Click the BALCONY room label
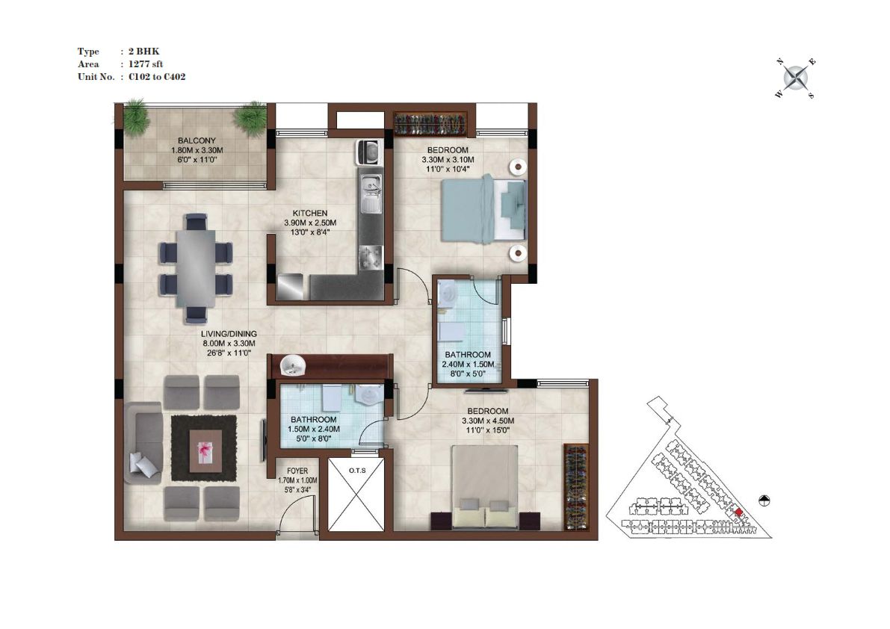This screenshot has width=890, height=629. click(197, 140)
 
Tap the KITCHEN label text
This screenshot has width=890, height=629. click(310, 213)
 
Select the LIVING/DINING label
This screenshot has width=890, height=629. click(229, 333)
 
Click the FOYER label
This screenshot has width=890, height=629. click(297, 471)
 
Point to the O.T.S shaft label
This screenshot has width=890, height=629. click(357, 470)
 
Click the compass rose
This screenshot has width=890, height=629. click(796, 78)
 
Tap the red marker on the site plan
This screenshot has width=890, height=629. click(738, 512)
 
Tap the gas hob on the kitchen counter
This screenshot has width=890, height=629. click(371, 257)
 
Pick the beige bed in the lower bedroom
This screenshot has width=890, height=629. click(485, 487)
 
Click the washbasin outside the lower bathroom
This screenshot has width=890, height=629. click(293, 365)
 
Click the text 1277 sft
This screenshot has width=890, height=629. click(146, 64)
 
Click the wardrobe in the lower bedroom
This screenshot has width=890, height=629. click(576, 487)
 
